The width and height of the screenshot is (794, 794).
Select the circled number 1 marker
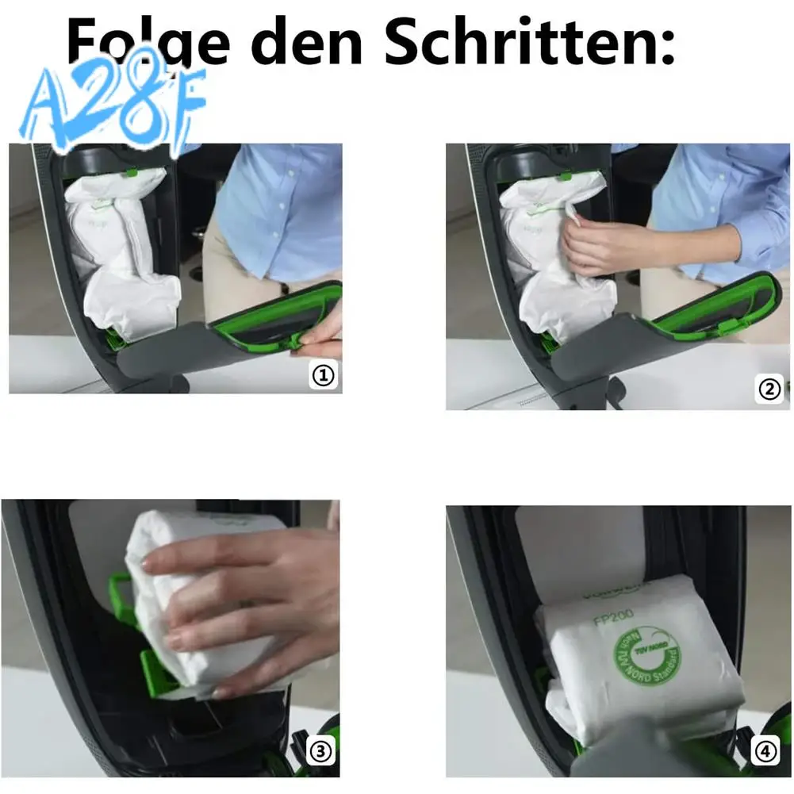tap(323, 375)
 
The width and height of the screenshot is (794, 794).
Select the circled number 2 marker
tap(769, 389)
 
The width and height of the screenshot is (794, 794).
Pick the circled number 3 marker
tap(319, 751)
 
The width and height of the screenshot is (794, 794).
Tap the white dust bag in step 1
tap(119, 254)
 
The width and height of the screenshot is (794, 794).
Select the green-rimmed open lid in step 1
tap(270, 317)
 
